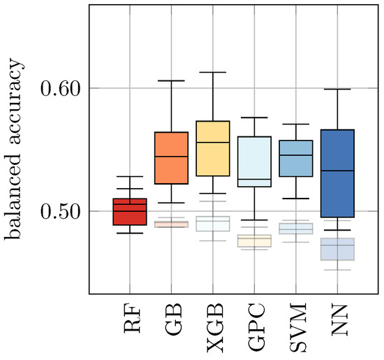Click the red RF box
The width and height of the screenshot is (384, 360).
[x=129, y=212]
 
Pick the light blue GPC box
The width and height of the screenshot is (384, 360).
[x=253, y=160]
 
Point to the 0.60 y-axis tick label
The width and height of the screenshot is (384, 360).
[x=61, y=88]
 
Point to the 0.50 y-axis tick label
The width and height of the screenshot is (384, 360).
[x=61, y=211]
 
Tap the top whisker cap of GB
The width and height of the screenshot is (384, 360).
[x=170, y=80]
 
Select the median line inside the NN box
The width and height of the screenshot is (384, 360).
[x=337, y=171]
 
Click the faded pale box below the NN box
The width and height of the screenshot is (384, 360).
[x=337, y=249]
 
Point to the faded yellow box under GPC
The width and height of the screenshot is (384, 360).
[x=253, y=240]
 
